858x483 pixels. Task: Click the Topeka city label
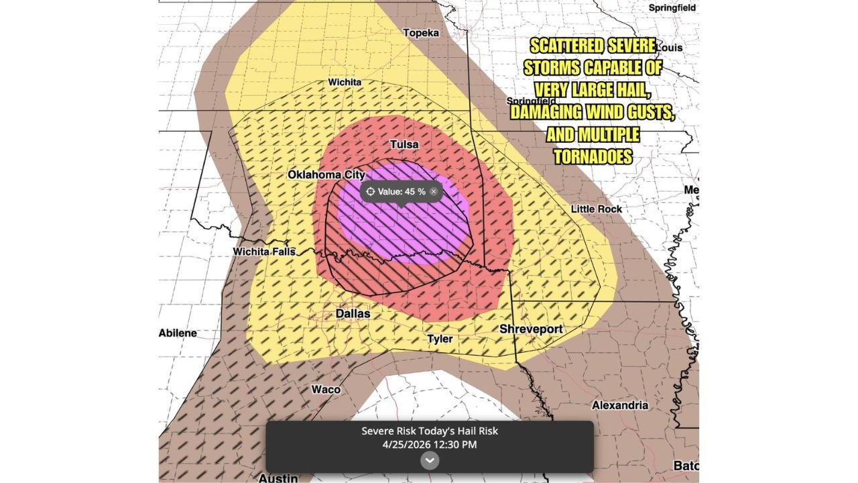click(421, 33)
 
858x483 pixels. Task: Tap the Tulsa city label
click(404, 145)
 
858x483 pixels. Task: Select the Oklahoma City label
click(326, 174)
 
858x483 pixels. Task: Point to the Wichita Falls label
click(263, 252)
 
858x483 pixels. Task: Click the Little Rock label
click(596, 209)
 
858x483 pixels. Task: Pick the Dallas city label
click(353, 313)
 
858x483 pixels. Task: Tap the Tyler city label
click(440, 339)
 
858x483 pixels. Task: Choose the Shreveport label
click(531, 329)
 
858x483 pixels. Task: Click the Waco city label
click(326, 390)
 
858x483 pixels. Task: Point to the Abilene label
click(178, 333)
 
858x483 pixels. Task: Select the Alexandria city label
click(620, 405)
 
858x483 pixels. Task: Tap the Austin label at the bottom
click(278, 478)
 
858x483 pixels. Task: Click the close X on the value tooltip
click(434, 192)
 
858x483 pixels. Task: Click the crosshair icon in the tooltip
click(370, 192)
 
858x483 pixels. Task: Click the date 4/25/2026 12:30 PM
click(430, 443)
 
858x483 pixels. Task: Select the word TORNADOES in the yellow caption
click(593, 156)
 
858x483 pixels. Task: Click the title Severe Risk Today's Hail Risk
click(430, 431)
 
